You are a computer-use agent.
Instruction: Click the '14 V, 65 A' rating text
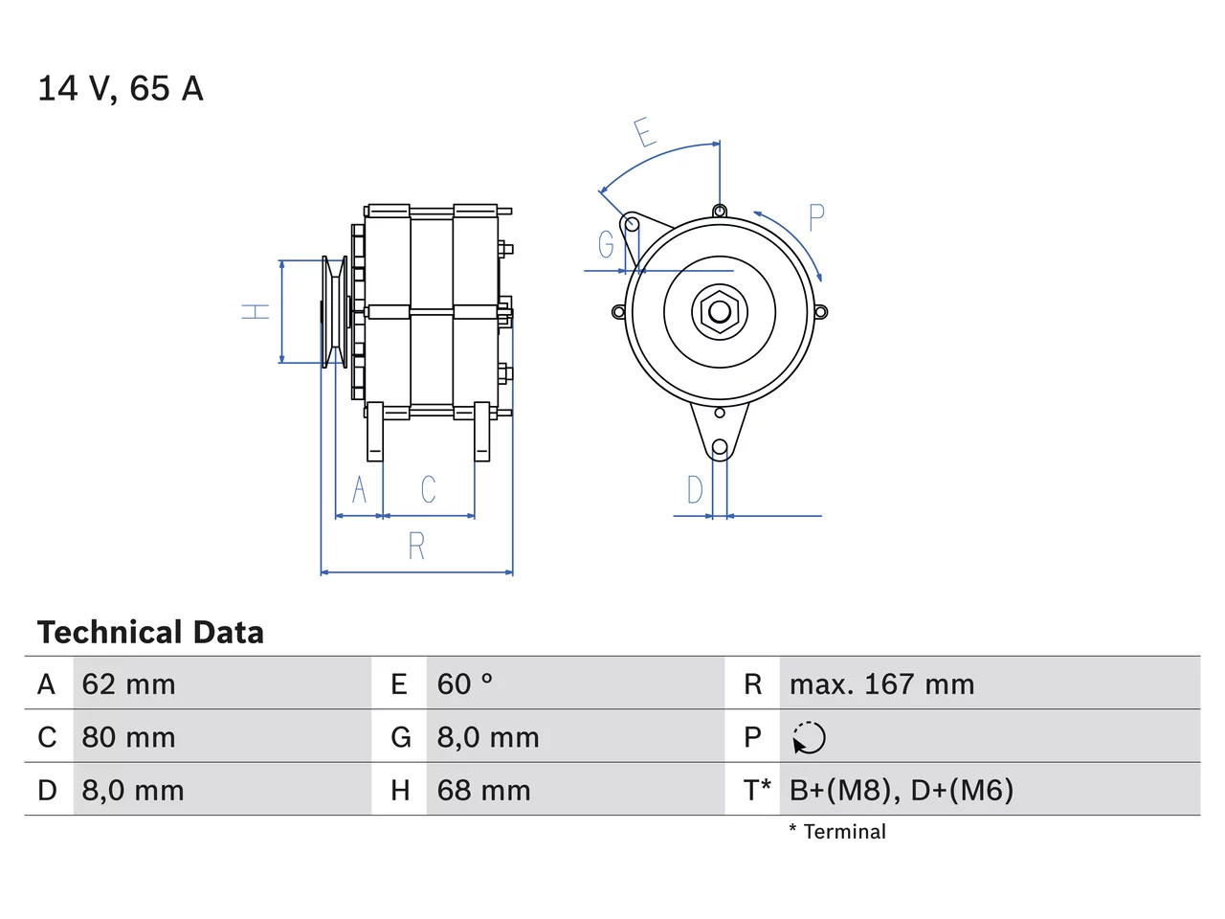point(121,89)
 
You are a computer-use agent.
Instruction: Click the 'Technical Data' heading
point(150,632)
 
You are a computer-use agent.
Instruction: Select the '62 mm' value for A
point(128,684)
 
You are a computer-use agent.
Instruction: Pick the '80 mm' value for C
point(128,737)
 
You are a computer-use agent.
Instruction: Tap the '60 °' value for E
point(465,684)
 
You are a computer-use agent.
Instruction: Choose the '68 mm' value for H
point(483,790)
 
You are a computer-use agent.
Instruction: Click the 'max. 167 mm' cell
point(881,684)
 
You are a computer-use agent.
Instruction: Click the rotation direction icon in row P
point(809,737)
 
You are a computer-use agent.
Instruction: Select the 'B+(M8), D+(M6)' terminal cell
point(901,790)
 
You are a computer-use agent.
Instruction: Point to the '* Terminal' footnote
point(837,832)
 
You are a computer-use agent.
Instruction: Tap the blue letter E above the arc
point(645,132)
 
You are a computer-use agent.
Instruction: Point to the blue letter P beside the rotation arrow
point(816,217)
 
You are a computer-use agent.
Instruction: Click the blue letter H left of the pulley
point(255,311)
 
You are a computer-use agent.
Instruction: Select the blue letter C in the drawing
point(428,489)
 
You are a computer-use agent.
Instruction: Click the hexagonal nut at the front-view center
point(720,312)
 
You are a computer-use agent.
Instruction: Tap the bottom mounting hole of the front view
point(720,447)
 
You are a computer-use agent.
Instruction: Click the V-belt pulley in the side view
point(335,312)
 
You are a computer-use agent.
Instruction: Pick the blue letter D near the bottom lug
point(695,490)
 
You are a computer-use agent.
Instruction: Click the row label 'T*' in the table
point(756,790)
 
